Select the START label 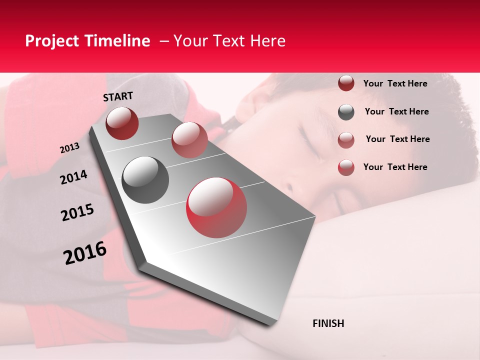tap(118, 96)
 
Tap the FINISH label tap(328, 323)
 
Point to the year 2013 tap(69, 148)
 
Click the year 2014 tap(73, 177)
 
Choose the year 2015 tap(77, 213)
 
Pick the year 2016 tap(85, 253)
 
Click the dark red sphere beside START tap(122, 123)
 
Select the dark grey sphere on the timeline tap(145, 180)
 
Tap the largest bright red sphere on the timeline tap(216, 207)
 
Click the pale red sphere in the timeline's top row tap(189, 140)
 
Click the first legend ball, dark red tap(346, 83)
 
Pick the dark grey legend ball tap(346, 112)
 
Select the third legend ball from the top tap(346, 140)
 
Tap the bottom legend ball tap(346, 167)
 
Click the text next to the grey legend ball tap(396, 111)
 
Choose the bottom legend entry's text tap(395, 167)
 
